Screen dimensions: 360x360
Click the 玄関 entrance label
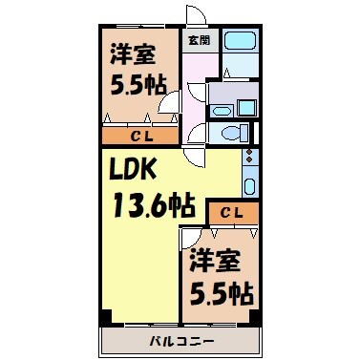[x=200, y=40]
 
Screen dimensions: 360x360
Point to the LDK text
[x=138, y=171]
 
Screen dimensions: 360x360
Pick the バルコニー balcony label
[x=179, y=341]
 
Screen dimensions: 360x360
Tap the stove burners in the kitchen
[x=250, y=155]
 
